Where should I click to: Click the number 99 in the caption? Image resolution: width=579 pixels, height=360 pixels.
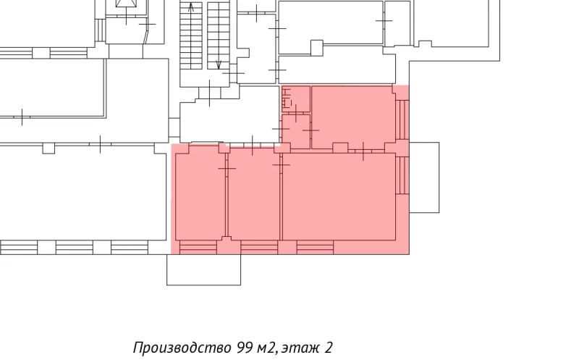[x=244, y=347]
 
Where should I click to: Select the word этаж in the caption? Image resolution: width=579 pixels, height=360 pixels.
[x=299, y=347]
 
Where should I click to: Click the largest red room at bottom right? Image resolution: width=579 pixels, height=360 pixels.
[x=339, y=196]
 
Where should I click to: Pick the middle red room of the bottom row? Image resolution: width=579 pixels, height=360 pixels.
[x=254, y=196]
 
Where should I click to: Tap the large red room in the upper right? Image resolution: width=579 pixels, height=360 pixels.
[x=352, y=116]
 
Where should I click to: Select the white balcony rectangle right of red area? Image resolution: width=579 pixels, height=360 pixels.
[x=424, y=177]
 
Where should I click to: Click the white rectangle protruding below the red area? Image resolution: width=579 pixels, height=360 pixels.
[x=204, y=269]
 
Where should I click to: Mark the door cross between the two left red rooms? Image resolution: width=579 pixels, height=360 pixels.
[x=227, y=168]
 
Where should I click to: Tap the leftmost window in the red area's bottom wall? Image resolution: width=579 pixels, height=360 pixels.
[x=198, y=248]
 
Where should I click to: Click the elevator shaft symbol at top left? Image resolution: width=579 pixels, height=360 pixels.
[x=127, y=10]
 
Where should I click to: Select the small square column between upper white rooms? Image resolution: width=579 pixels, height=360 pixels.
[x=316, y=48]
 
